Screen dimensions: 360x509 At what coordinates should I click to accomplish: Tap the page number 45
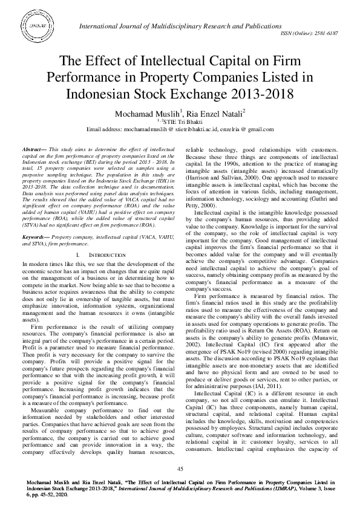tap(180, 469)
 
